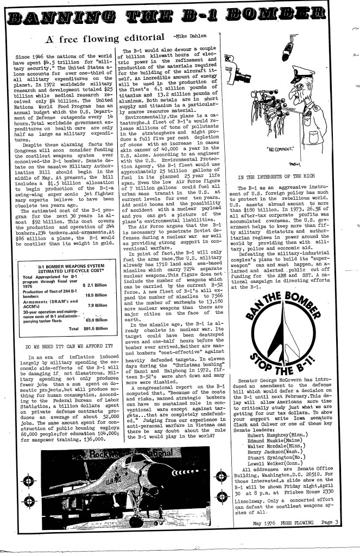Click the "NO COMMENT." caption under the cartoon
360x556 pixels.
tap(285, 148)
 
